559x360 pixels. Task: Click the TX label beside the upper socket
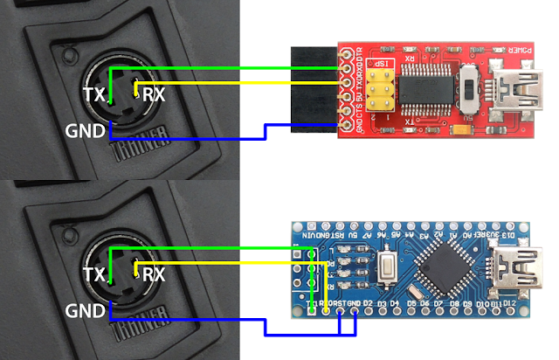pyautogui.click(x=93, y=93)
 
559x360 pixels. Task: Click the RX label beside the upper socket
pyautogui.click(x=154, y=93)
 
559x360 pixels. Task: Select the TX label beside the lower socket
pyautogui.click(x=93, y=273)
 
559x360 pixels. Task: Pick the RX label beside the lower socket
pyautogui.click(x=154, y=273)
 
